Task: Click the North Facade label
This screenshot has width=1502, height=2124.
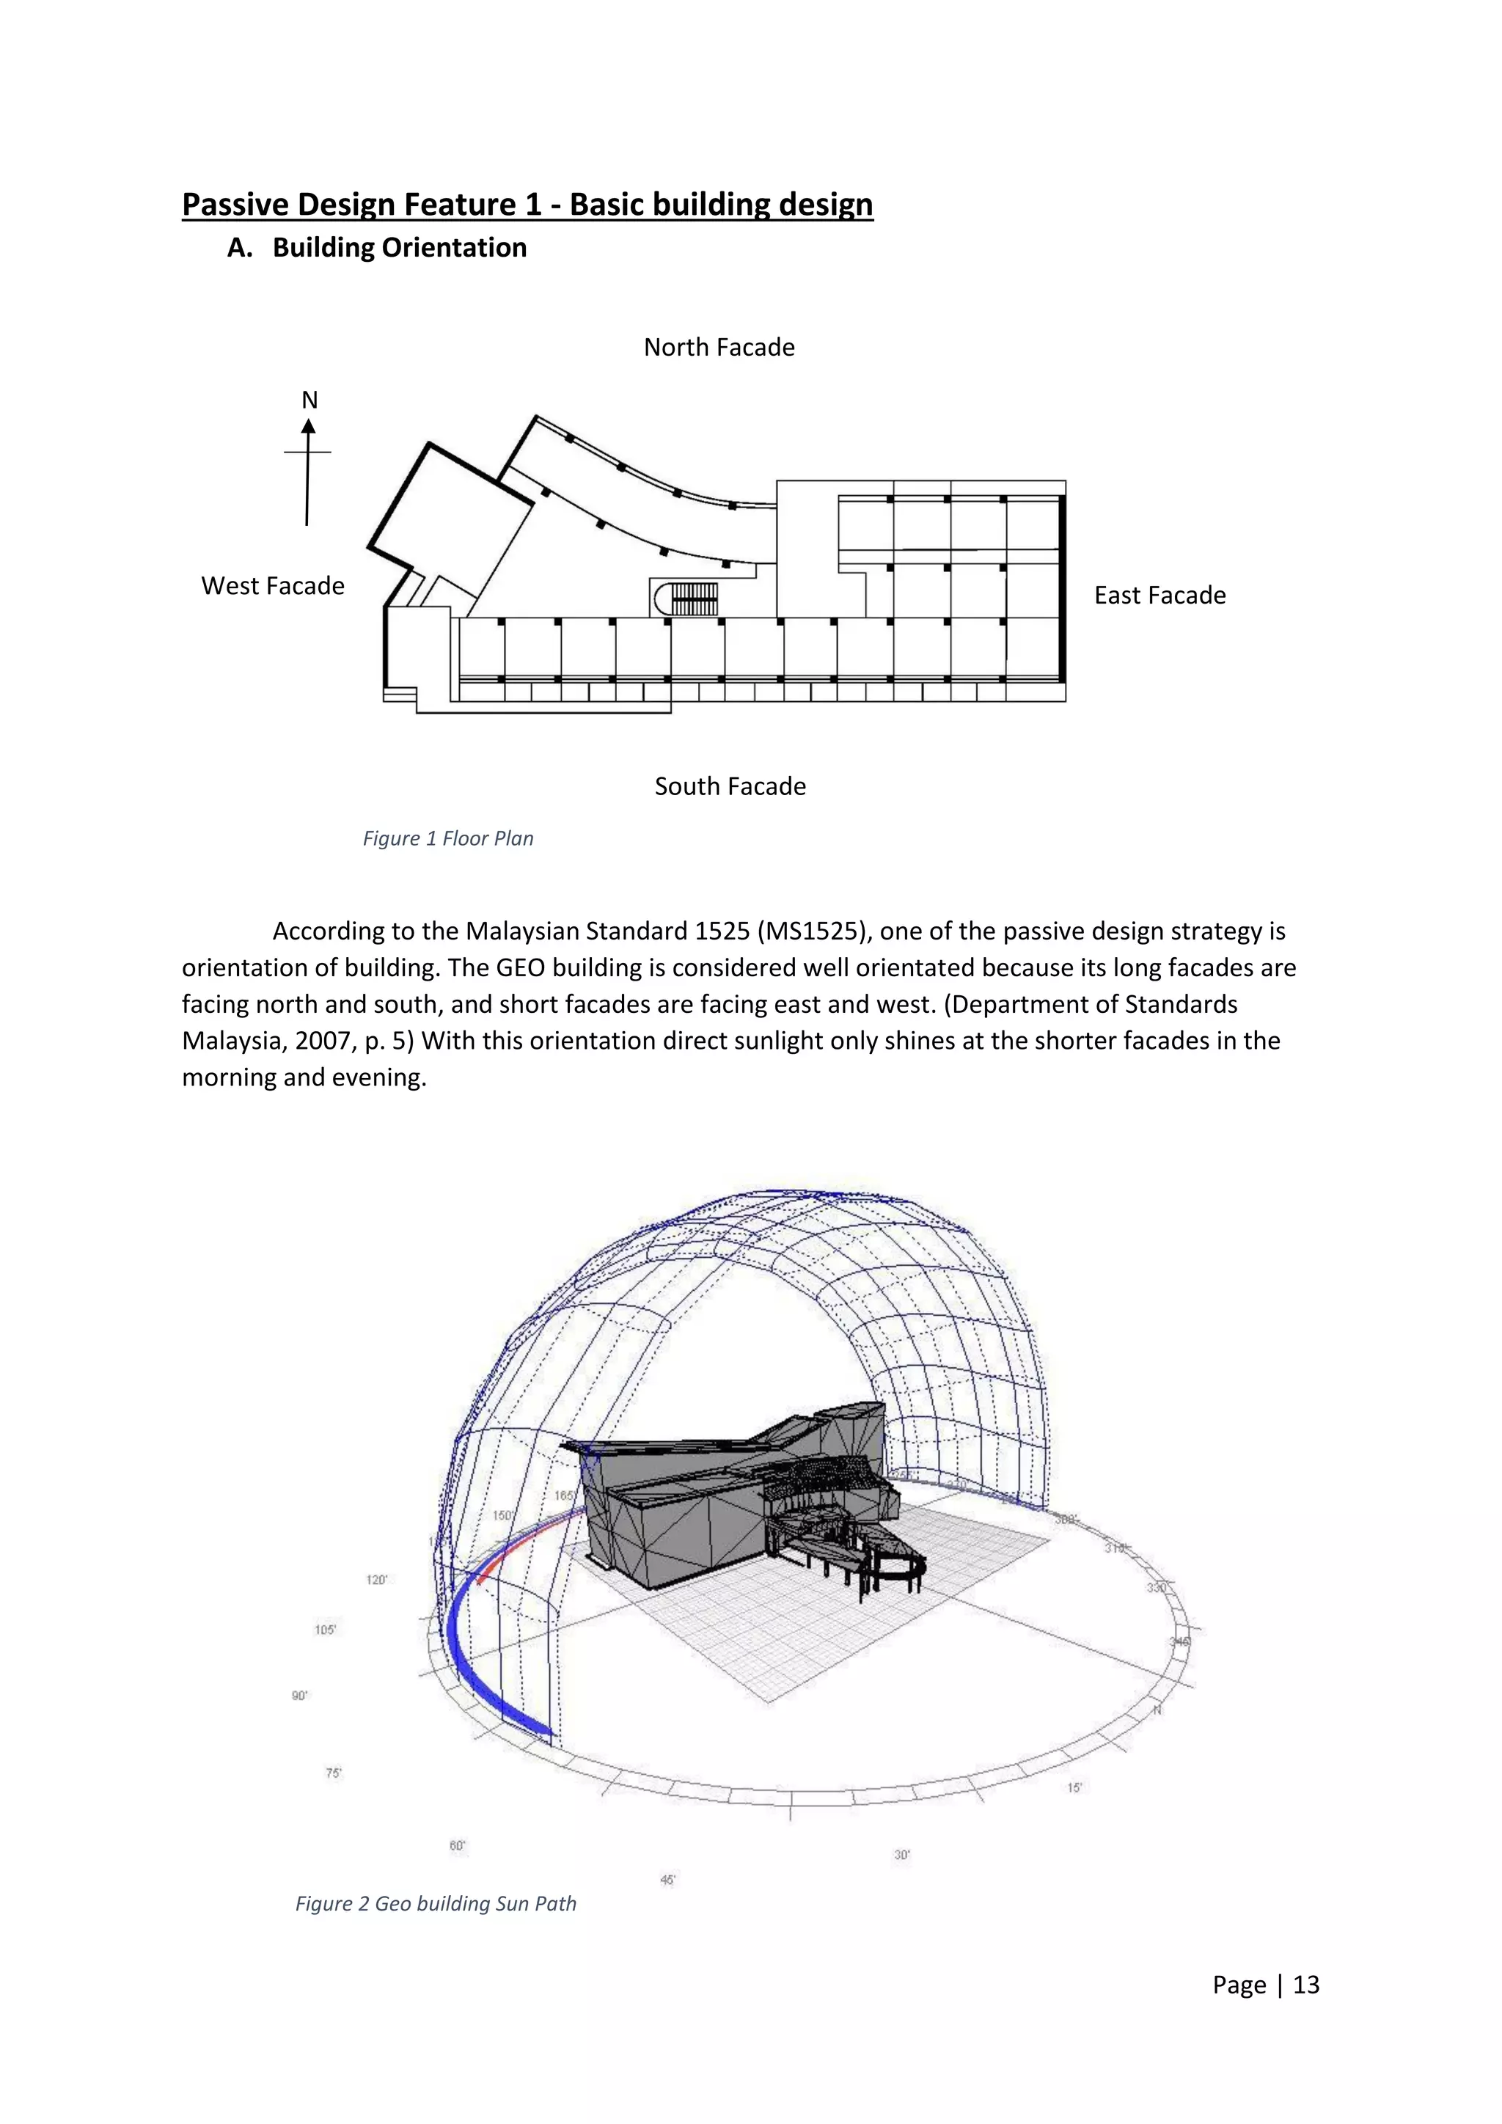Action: pyautogui.click(x=719, y=347)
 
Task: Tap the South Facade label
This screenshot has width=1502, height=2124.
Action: pyautogui.click(x=730, y=786)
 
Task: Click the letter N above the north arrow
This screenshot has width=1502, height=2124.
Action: pyautogui.click(x=309, y=400)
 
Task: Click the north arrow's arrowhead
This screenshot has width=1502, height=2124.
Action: pyautogui.click(x=309, y=426)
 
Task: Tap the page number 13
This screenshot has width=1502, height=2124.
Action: pyautogui.click(x=1306, y=1985)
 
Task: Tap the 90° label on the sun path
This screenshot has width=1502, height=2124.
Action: pyautogui.click(x=300, y=1696)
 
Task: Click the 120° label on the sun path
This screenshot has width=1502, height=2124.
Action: pyautogui.click(x=376, y=1580)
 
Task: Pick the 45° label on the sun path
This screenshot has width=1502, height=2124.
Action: pyautogui.click(x=668, y=1879)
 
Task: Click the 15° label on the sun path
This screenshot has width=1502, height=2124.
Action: pyautogui.click(x=1074, y=1787)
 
